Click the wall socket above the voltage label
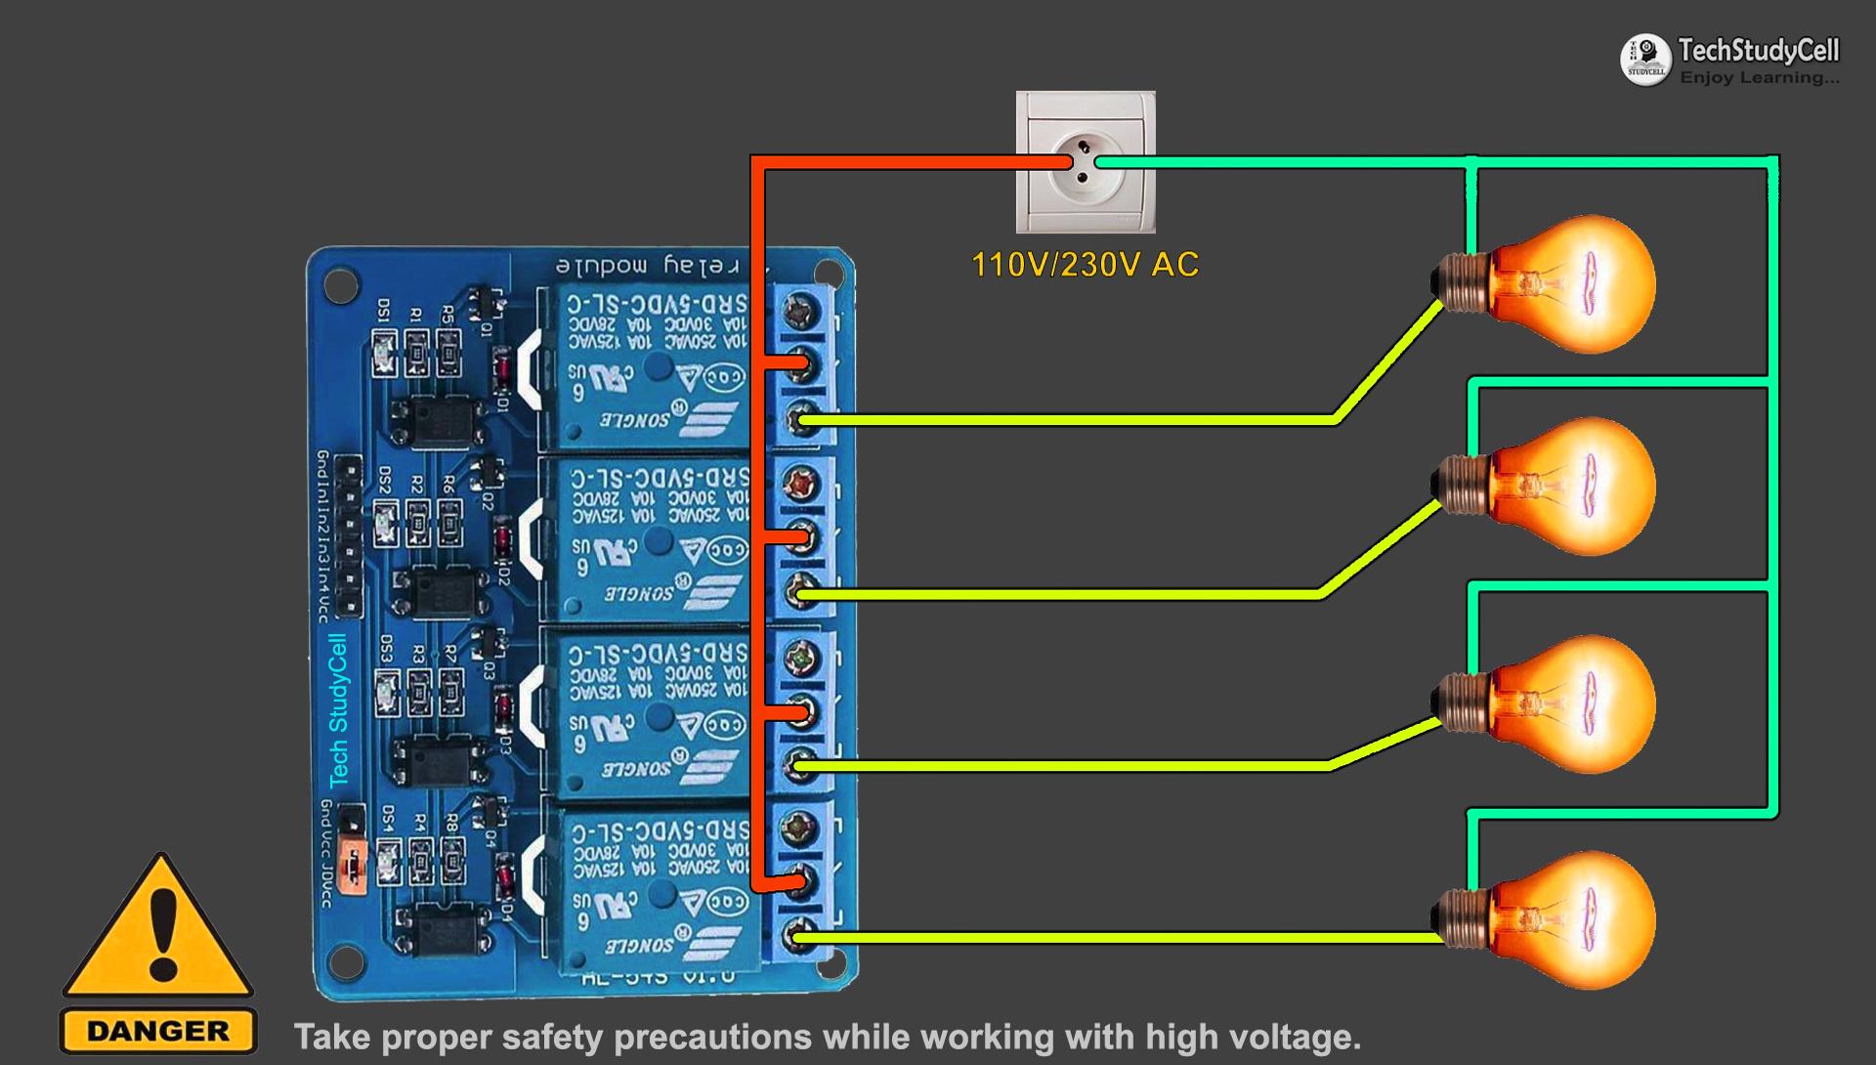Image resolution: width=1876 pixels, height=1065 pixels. pyautogui.click(x=1086, y=162)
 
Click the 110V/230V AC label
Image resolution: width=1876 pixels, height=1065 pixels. pyautogui.click(x=1085, y=265)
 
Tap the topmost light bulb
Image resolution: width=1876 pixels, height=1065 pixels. pyautogui.click(x=1563, y=284)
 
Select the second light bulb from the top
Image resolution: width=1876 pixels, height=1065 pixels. pyautogui.click(x=1563, y=487)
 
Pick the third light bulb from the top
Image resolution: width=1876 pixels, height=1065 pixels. pyautogui.click(x=1563, y=703)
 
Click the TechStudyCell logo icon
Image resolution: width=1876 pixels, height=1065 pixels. pyautogui.click(x=1645, y=59)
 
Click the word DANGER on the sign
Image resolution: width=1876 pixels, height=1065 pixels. pyautogui.click(x=158, y=1031)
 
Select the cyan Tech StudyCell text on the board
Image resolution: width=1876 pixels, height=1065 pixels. pyautogui.click(x=338, y=710)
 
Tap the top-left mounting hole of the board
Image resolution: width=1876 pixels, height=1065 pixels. pyautogui.click(x=338, y=284)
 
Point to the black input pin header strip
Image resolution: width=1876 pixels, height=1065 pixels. pyautogui.click(x=347, y=538)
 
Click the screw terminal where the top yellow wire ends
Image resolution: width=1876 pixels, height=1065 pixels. pyautogui.click(x=802, y=421)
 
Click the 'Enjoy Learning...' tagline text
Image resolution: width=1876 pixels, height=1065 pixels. pyautogui.click(x=1759, y=78)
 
